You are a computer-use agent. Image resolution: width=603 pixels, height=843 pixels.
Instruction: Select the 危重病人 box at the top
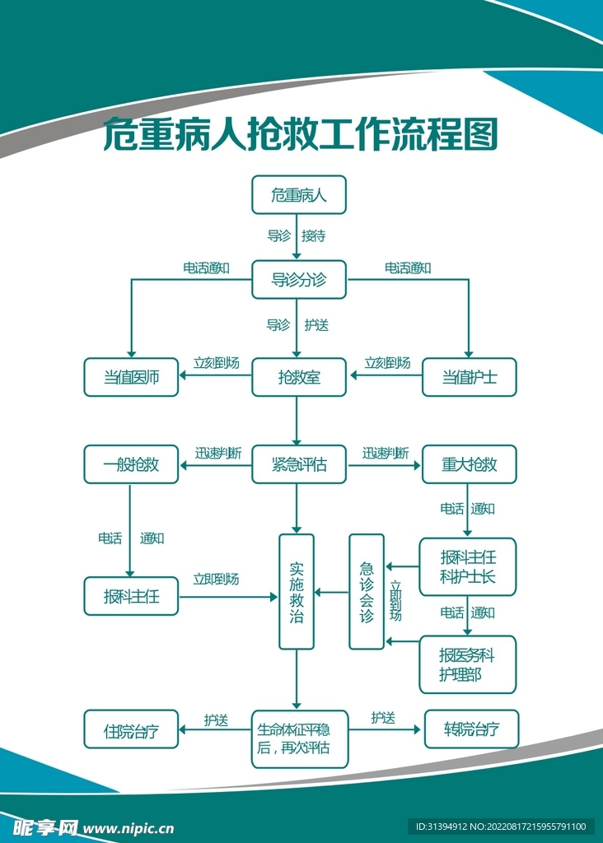298,195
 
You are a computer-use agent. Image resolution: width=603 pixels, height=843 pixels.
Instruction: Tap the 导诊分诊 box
298,280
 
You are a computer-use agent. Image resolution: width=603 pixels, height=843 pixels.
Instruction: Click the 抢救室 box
298,378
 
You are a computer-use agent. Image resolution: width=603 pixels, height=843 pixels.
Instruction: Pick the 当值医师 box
131,378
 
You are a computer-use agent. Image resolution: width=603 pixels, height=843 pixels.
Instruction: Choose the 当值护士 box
469,378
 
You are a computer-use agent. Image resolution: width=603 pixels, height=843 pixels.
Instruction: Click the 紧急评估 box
298,465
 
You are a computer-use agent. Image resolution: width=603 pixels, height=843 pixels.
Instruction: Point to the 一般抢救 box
131,465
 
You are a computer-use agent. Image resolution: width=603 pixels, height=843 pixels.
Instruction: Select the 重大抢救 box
469,465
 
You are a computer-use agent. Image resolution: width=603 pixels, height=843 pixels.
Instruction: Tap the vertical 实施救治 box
297,591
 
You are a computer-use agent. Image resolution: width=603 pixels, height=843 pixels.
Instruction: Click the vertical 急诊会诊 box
367,591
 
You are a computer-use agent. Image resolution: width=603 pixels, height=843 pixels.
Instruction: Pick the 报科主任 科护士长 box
468,566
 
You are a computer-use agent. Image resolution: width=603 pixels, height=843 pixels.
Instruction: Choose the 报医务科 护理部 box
468,664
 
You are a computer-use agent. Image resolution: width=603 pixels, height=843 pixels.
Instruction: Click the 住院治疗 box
131,729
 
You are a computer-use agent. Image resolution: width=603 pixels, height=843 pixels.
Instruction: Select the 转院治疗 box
471,729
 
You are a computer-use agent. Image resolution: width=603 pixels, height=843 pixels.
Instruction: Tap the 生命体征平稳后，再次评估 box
298,738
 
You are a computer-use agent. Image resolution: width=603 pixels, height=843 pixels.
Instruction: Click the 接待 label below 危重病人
313,236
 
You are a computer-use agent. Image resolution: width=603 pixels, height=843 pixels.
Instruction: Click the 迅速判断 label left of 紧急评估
217,453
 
